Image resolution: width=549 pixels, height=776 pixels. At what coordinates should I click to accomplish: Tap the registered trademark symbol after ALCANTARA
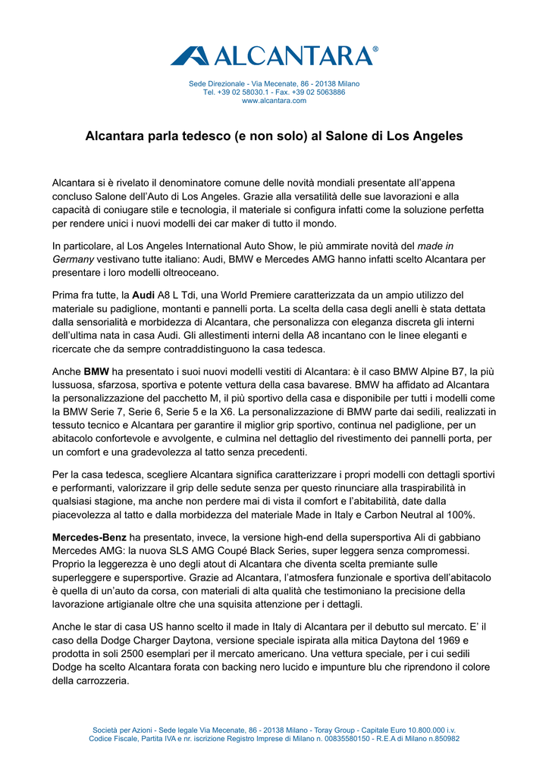[375, 48]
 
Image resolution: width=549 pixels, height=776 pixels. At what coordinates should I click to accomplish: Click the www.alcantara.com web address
[274, 100]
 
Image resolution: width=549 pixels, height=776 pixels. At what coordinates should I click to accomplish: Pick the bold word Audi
[144, 294]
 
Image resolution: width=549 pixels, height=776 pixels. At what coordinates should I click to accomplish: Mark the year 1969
[439, 640]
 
